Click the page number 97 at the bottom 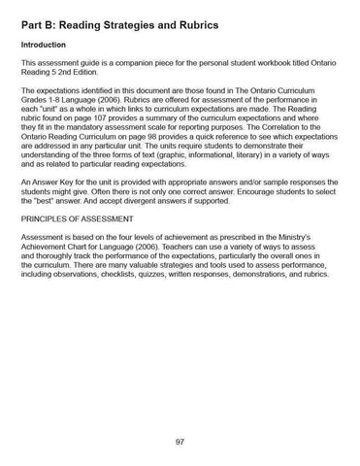(180, 441)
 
